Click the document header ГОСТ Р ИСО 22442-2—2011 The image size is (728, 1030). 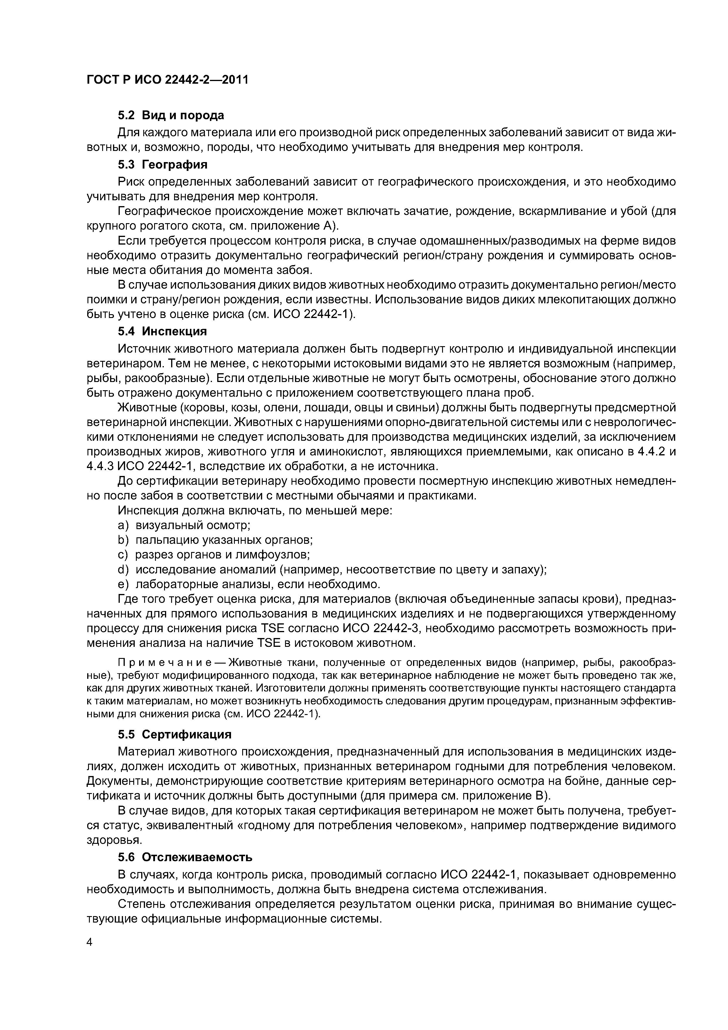tap(167, 80)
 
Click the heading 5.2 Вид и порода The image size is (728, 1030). tap(171, 115)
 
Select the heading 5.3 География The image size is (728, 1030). tap(162, 165)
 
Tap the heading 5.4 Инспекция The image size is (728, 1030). tap(162, 331)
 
